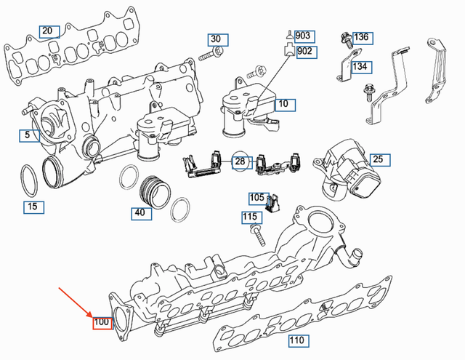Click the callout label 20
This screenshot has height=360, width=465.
48,31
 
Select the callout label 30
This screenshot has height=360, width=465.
216,39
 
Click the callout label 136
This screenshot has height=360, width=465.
361,37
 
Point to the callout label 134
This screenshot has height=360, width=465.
360,67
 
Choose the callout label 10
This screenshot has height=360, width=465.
283,104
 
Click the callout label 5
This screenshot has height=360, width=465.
27,135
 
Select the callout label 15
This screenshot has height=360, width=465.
31,207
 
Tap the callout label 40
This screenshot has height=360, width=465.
138,213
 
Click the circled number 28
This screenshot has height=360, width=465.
240,161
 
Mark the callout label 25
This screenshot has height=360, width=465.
377,159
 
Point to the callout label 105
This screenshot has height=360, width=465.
257,198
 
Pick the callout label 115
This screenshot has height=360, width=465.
249,217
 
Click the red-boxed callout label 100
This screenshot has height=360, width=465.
101,321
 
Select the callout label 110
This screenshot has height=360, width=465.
296,340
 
